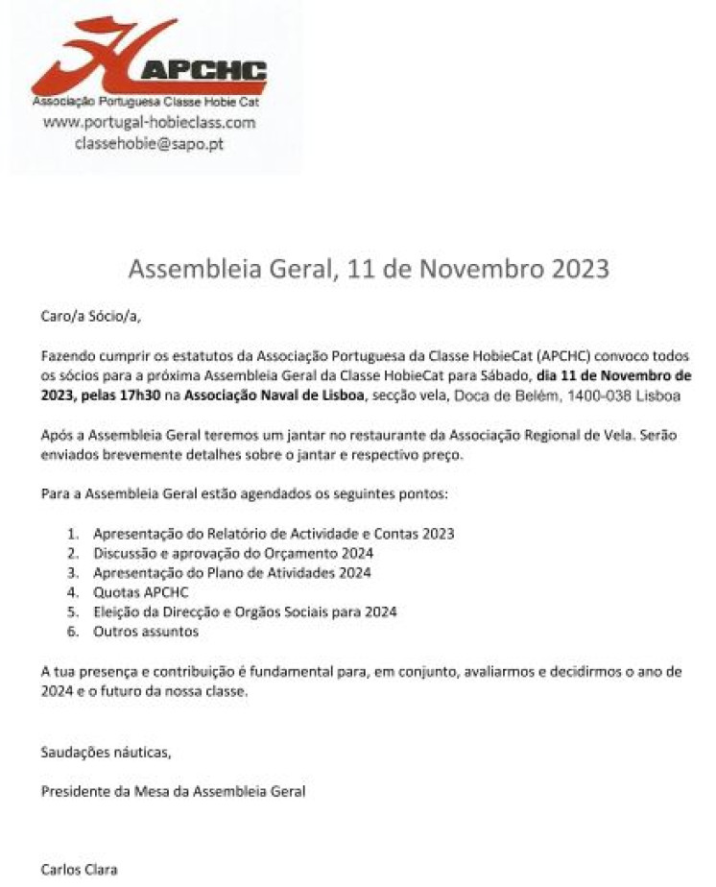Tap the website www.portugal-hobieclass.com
150,123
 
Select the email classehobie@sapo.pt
150,143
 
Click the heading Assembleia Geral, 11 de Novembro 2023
369,268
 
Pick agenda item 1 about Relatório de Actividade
274,534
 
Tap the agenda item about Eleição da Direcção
245,611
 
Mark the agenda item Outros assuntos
146,632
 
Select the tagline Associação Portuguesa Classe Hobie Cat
146,101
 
